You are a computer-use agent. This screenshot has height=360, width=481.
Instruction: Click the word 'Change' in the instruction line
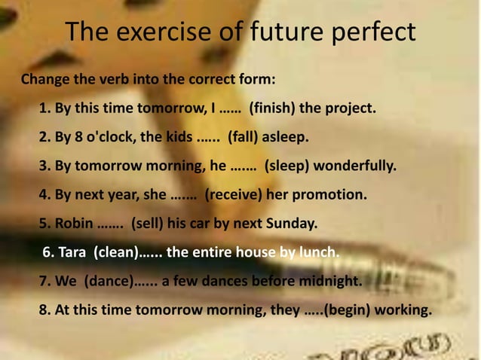click(46, 79)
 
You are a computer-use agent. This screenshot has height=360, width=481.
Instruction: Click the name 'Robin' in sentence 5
click(72, 224)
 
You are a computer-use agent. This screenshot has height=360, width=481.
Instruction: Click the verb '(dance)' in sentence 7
click(107, 282)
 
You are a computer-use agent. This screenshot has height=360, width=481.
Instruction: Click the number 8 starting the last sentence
click(43, 310)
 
